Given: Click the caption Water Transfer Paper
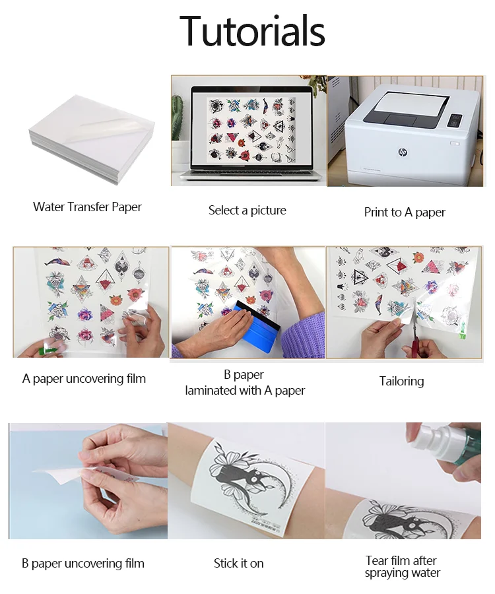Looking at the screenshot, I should (87, 207).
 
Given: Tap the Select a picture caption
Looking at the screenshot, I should (247, 211).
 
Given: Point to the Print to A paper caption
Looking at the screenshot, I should (405, 213).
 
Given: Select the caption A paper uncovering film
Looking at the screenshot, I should (84, 379).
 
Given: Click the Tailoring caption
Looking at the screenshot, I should (401, 381).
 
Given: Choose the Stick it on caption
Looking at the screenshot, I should (238, 564).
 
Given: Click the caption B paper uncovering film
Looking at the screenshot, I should (82, 564).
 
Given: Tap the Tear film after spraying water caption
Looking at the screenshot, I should (402, 566).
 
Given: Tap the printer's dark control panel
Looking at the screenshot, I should (455, 121).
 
